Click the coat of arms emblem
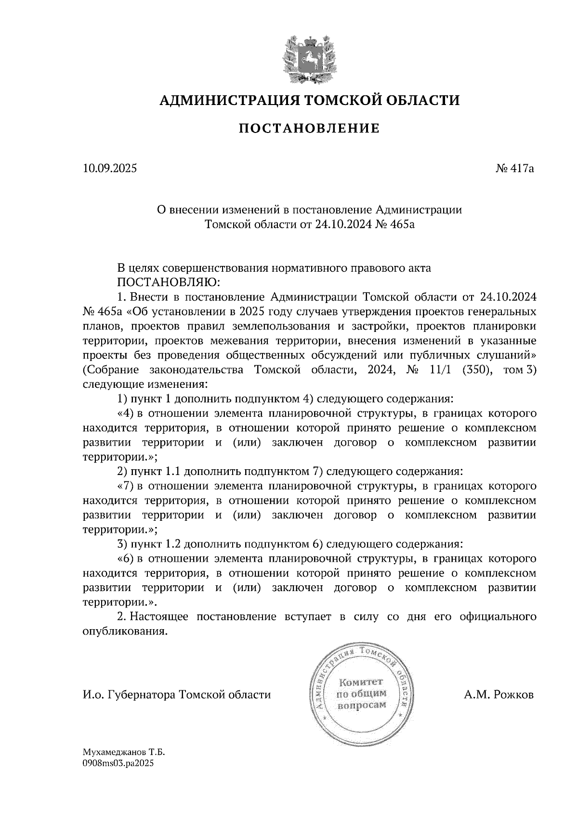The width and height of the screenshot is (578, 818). coord(309,58)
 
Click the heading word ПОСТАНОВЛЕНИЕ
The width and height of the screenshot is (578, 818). coord(310,129)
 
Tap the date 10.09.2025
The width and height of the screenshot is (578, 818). coord(110,169)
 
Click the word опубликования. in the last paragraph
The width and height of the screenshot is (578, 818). coord(126,632)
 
